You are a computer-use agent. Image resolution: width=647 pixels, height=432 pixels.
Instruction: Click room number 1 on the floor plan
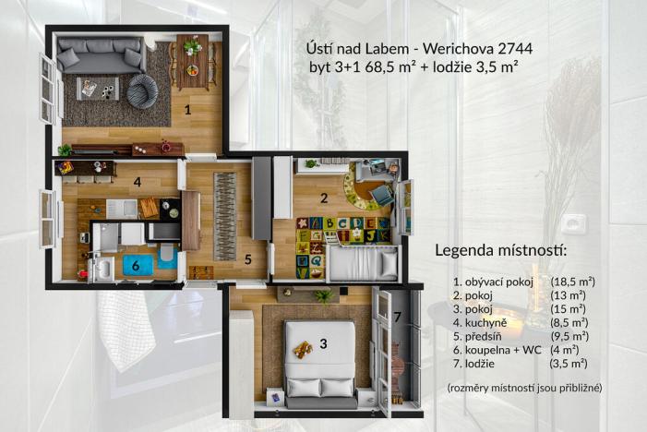coord(188,110)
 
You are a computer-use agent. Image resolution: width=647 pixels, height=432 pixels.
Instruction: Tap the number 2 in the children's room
coord(324,196)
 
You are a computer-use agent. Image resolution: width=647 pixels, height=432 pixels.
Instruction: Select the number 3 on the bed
coord(323,344)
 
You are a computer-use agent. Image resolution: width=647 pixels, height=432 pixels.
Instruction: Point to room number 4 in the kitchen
coord(137,182)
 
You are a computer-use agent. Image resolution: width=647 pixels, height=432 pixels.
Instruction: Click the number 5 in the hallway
coord(248,259)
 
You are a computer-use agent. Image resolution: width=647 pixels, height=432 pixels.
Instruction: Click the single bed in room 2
coord(363,266)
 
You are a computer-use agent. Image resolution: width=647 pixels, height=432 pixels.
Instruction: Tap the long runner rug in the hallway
coord(225,215)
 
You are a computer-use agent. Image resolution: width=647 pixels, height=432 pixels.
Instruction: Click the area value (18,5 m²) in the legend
coord(573,281)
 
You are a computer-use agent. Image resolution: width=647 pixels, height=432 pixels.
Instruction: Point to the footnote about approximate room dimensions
coord(523,388)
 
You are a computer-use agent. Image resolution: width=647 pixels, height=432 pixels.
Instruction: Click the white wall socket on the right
coord(574,224)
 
